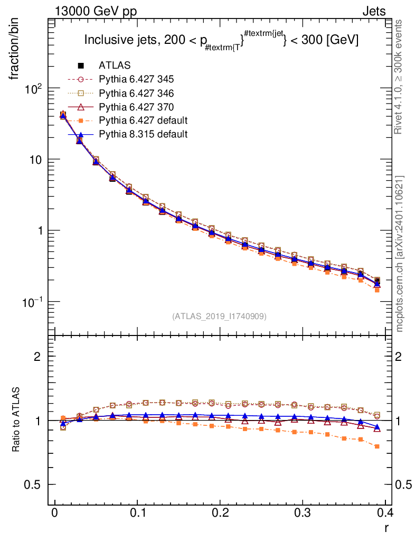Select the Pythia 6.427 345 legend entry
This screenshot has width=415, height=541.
pos(136,79)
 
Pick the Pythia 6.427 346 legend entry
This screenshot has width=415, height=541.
pos(136,93)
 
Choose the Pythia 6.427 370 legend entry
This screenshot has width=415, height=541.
pos(136,107)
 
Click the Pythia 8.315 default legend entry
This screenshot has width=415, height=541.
pos(143,134)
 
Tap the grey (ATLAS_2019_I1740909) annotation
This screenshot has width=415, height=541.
pos(219,316)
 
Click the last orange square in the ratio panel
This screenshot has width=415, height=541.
pos(377,446)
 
